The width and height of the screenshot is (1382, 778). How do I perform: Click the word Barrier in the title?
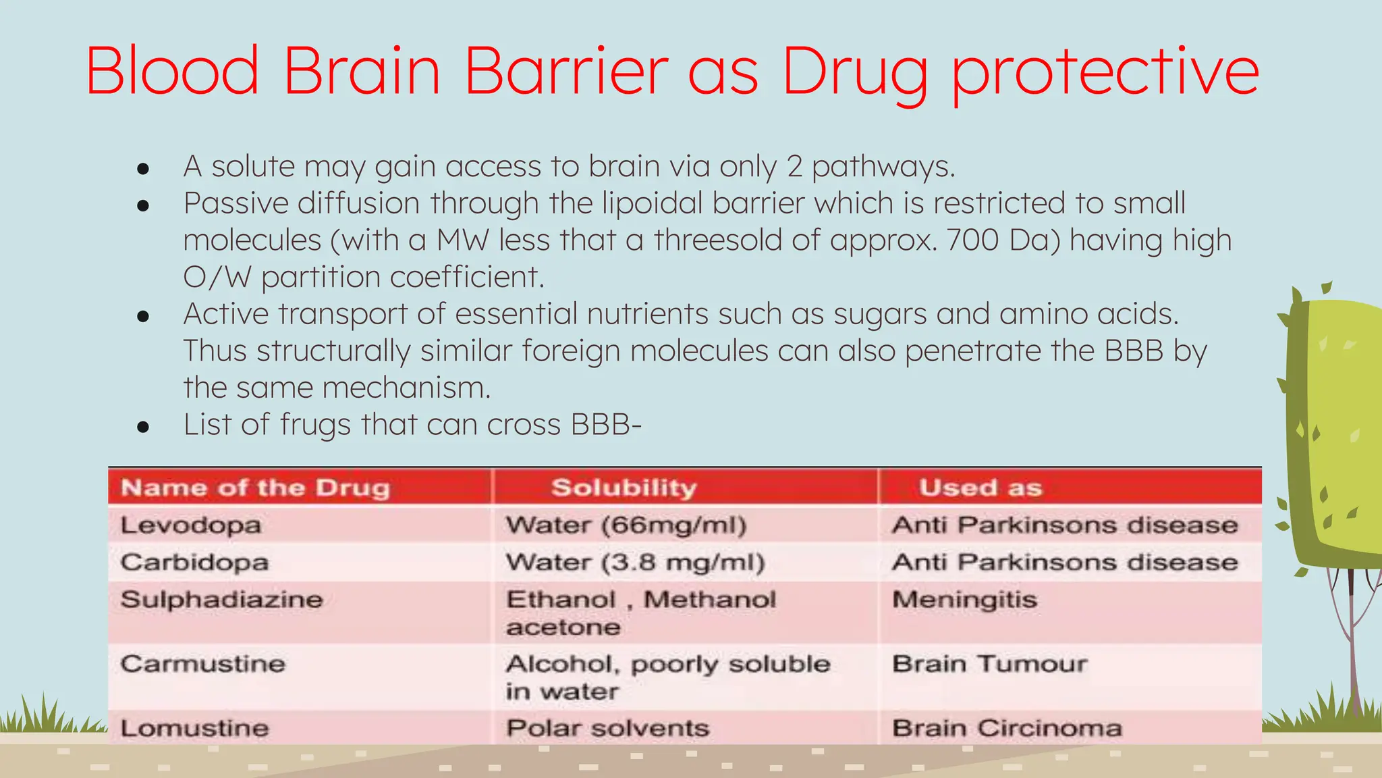click(565, 70)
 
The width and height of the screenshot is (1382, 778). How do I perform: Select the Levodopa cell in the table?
click(191, 525)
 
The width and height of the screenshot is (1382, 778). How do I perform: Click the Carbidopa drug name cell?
click(194, 563)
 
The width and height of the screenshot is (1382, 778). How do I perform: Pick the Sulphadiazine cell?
click(221, 600)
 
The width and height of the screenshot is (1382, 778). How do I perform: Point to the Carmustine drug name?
click(202, 664)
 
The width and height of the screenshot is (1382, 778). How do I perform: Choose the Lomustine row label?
click(194, 728)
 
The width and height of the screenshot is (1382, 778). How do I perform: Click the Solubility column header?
click(624, 488)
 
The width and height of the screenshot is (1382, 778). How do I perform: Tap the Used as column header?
click(980, 488)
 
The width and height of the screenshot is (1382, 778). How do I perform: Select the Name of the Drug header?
click(255, 488)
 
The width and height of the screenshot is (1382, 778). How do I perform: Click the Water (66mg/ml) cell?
click(626, 525)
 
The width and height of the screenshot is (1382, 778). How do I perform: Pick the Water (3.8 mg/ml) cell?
click(635, 563)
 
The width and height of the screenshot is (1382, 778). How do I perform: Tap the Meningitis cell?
click(964, 600)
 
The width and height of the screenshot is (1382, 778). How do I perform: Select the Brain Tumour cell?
click(989, 664)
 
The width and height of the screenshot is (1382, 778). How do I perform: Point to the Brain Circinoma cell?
click(1007, 728)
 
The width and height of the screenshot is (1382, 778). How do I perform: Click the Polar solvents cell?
click(607, 728)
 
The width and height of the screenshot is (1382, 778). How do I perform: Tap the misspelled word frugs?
click(315, 425)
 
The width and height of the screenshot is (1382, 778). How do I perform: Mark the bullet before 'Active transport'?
click(142, 315)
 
